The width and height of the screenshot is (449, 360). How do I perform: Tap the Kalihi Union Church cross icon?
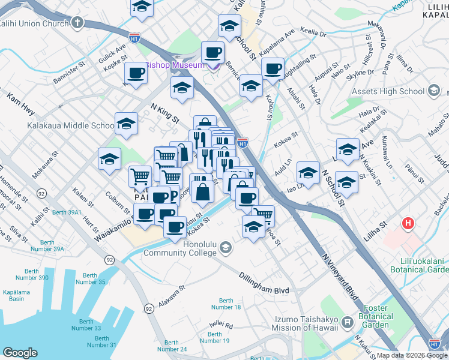pos(77,23)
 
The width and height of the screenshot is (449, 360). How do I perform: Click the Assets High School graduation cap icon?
pos(435,91)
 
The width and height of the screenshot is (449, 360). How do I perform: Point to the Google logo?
pos(20,352)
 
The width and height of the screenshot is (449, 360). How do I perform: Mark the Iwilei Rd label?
pos(221,325)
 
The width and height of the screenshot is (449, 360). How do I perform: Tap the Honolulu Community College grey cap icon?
pos(225,247)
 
